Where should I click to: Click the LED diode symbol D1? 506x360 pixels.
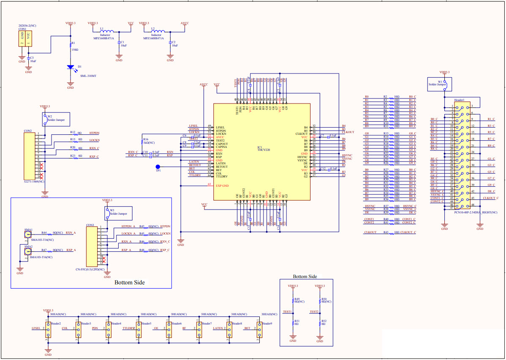71,67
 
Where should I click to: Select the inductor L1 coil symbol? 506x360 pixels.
107,31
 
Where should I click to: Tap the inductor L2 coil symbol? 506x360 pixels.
158,31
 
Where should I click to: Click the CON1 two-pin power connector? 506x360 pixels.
25,38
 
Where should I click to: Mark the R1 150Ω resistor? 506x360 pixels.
71,44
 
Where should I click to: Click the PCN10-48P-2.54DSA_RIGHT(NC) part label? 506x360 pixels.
476,213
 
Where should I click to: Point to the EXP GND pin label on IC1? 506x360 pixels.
222,185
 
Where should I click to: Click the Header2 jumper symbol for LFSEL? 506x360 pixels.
48,328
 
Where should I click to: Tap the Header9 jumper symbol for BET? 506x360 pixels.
259,328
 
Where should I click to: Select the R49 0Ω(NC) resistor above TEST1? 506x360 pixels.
293,300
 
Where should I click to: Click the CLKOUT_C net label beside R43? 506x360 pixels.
408,232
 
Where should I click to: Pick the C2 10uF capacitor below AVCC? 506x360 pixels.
170,43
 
